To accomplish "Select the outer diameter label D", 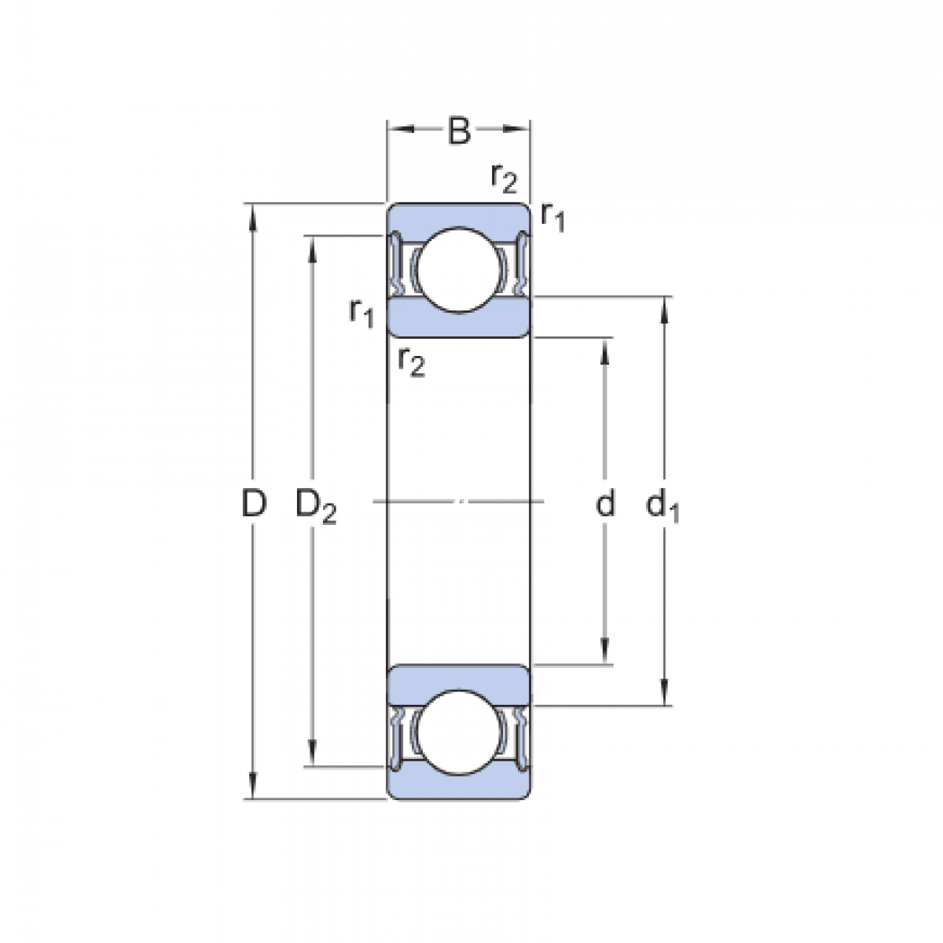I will coord(253,503).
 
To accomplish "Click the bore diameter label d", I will coord(604,504).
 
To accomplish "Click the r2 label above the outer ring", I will coord(503,178).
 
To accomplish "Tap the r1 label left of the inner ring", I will coord(361,314).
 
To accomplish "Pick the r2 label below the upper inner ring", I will coord(411,361).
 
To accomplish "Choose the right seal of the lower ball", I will coord(519,735).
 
